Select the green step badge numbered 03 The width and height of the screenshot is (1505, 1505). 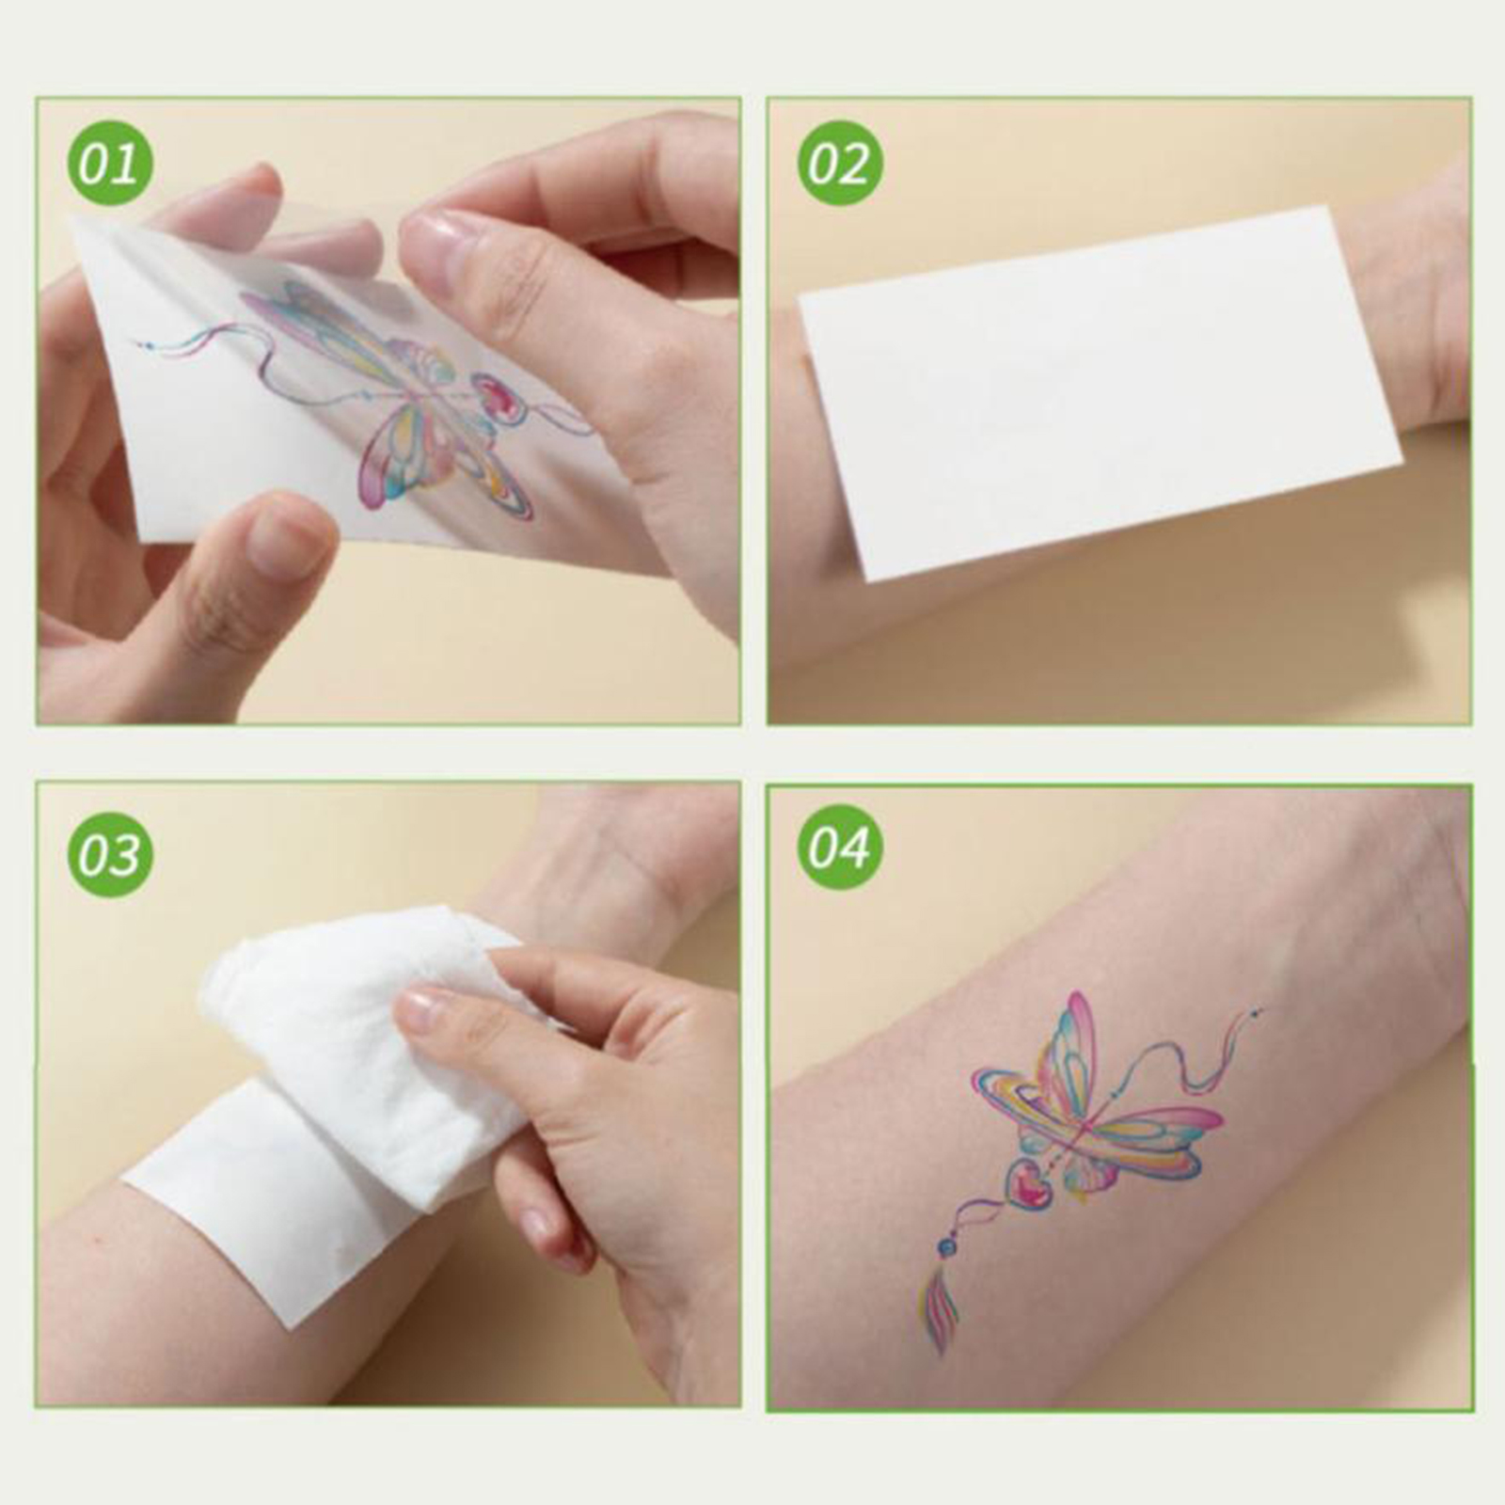coord(110,854)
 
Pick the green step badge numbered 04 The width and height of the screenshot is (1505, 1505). coord(840,849)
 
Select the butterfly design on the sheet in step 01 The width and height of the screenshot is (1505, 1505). coord(395,395)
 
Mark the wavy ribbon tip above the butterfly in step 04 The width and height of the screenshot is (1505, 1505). coord(1259,1012)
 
